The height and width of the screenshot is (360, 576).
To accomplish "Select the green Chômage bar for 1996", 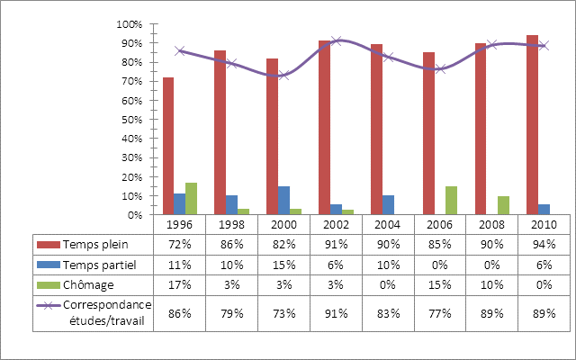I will point(191,199).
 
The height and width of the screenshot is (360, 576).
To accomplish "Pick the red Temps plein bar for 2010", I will point(533,125).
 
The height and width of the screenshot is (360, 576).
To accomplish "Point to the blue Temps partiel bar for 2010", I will point(544,210).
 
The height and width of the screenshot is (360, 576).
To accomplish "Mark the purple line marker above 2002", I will point(336,41).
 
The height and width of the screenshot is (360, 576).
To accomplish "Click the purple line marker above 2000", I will point(283,75).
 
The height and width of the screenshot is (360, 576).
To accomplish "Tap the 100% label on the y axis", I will point(130,24).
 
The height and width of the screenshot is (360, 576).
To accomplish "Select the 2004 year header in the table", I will point(388,224).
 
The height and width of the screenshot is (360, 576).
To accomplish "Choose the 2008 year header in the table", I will point(491,224).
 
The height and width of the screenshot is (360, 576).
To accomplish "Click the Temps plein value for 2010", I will point(544,245).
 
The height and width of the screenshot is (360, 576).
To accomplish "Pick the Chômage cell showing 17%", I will point(180,284).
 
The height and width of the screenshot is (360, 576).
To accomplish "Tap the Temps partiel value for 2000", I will point(283,265).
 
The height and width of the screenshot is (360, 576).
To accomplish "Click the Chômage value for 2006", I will point(440,284).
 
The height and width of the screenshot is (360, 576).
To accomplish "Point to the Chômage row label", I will point(86,284).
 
